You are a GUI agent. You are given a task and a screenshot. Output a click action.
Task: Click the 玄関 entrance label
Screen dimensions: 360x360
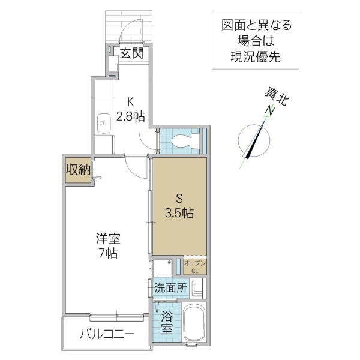coord(131,53)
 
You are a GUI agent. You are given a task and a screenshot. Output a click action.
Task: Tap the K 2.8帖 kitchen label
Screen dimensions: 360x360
coord(131,109)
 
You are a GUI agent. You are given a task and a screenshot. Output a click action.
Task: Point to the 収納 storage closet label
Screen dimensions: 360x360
coord(77,170)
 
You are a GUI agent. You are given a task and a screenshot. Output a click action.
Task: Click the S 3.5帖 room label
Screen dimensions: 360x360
coord(179,205)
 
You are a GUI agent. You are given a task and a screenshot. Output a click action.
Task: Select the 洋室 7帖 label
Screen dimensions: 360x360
coord(109,245)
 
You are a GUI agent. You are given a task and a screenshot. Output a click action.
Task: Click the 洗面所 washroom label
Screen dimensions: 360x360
coord(170,287)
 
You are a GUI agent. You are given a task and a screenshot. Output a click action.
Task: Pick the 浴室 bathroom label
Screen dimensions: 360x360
coord(166,321)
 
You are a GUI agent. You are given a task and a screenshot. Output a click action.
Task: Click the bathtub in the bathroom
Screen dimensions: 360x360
coord(194,325)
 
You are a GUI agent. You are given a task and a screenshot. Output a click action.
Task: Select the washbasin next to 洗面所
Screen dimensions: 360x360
coord(199,289)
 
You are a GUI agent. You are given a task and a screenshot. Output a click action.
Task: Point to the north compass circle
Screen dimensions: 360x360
coord(255,140)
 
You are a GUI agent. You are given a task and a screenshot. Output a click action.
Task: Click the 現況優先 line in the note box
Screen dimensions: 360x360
coord(256,57)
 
